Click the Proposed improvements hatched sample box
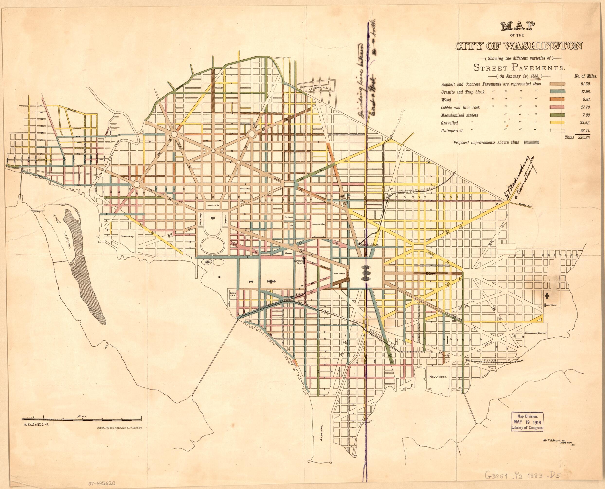tap(531, 143)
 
